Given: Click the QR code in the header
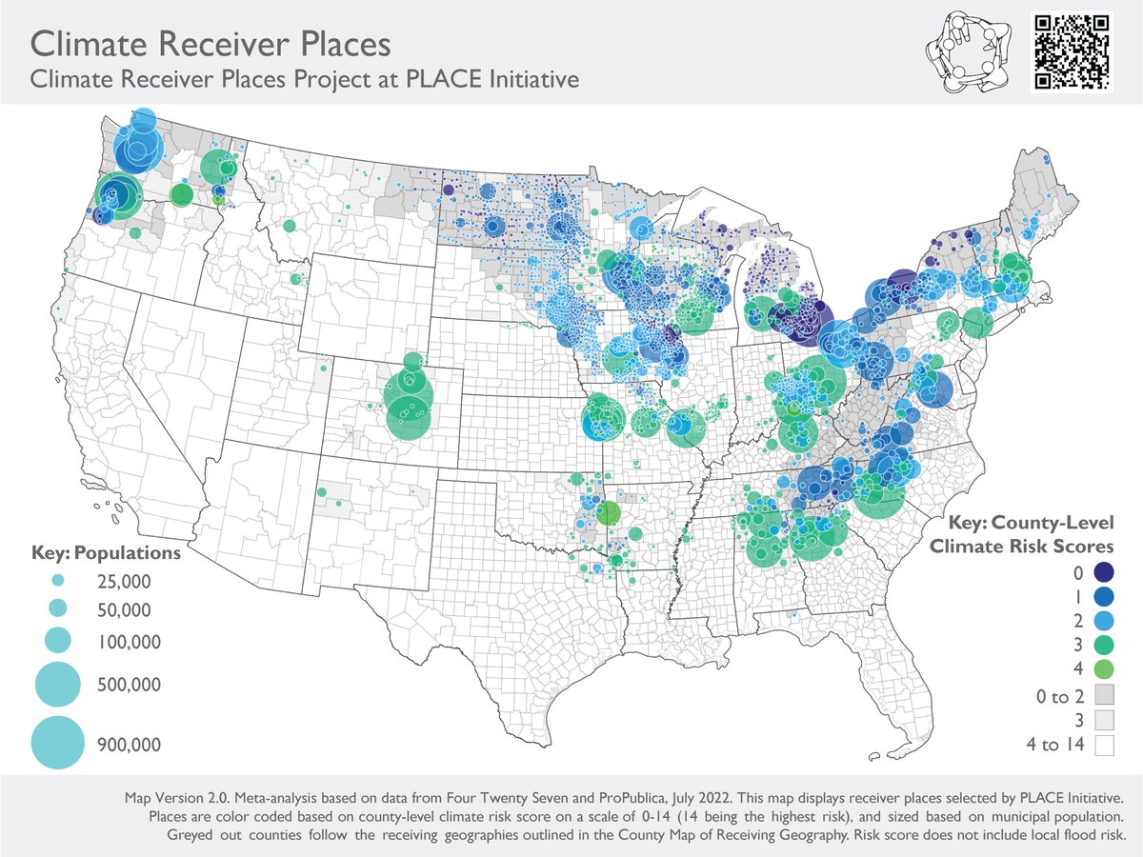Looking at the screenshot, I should (1073, 51).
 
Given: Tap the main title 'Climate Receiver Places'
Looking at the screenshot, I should (211, 43).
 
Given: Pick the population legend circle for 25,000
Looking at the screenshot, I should (57, 580).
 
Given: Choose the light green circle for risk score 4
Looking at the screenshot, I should (1103, 668).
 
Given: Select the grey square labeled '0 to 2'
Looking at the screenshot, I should (1103, 696).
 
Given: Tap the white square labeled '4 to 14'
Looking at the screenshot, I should (1103, 744).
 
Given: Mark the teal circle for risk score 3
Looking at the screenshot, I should (1103, 644).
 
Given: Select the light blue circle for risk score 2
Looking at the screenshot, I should (1103, 620).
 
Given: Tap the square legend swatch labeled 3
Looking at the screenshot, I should (1103, 720).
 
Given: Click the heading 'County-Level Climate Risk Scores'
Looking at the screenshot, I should (1021, 535).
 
